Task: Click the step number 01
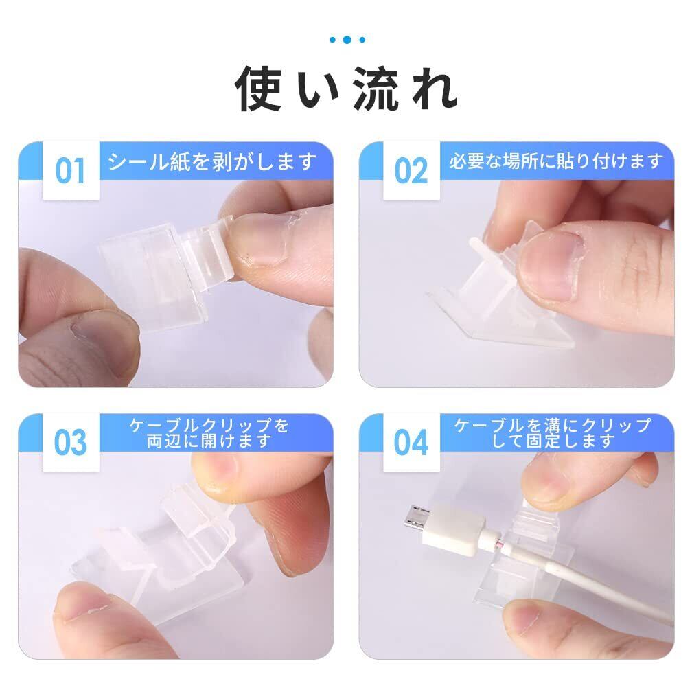[x=70, y=171]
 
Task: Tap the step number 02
[x=411, y=171]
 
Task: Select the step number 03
[x=70, y=443]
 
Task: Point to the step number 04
[x=411, y=443]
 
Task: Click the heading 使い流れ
[x=346, y=89]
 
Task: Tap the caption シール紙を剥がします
[x=212, y=161]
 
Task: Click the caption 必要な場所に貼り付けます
[x=557, y=161]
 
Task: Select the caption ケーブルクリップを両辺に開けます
[x=209, y=433]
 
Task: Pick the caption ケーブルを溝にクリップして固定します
[x=553, y=433]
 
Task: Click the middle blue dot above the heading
[x=347, y=40]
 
